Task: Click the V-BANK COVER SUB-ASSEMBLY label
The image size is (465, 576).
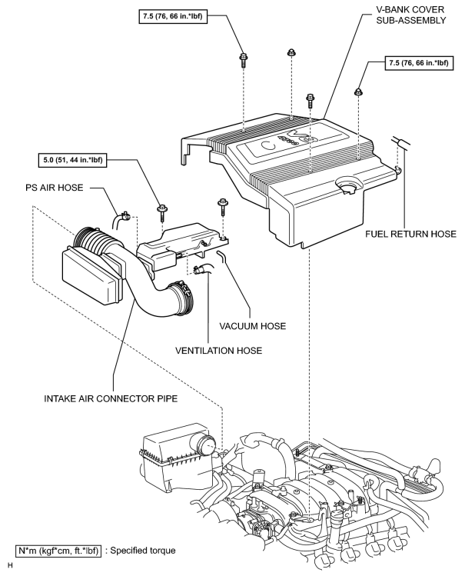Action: click(410, 15)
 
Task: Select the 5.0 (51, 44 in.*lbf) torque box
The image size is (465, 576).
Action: click(73, 160)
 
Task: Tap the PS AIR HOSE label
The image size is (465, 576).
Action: click(55, 188)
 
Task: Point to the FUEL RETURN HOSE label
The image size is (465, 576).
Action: click(410, 234)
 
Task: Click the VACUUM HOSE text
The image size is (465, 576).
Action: click(253, 326)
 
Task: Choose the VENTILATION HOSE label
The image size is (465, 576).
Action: click(219, 351)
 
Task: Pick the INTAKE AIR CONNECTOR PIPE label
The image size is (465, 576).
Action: click(111, 398)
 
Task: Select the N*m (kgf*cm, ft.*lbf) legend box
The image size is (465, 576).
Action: click(58, 551)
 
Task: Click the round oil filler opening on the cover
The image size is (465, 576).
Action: click(347, 185)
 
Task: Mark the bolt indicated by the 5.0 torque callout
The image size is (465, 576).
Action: click(162, 212)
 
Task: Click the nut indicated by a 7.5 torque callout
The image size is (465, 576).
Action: click(358, 92)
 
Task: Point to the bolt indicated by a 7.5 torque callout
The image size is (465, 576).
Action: click(243, 59)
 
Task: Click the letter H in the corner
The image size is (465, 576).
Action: click(10, 565)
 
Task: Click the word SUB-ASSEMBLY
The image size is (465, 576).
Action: click(410, 20)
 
